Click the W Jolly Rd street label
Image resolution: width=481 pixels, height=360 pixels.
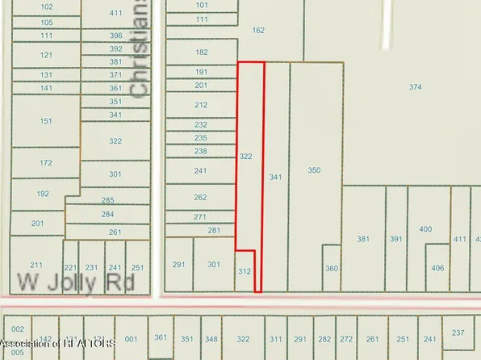click(x=73, y=283)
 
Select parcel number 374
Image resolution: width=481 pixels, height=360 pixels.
click(x=415, y=86)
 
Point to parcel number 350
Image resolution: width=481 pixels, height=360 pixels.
click(x=314, y=170)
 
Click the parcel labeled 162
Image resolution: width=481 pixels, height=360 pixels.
click(x=258, y=31)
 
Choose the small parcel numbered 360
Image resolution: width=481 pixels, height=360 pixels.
click(x=331, y=268)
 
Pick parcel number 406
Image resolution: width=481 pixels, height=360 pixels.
click(x=437, y=268)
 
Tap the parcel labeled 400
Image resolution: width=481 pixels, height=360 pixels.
click(x=425, y=229)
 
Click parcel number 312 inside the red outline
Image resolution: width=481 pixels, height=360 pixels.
click(x=245, y=272)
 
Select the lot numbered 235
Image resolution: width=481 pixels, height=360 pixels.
click(x=201, y=138)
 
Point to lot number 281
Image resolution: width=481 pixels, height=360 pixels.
click(x=214, y=231)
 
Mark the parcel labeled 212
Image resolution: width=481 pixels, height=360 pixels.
click(x=201, y=104)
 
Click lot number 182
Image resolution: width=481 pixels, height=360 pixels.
click(x=201, y=52)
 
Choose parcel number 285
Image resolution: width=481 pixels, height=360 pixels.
click(x=107, y=199)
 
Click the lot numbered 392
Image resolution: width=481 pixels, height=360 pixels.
click(x=115, y=48)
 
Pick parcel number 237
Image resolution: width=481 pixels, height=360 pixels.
click(x=458, y=333)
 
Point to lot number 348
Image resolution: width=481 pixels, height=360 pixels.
click(x=211, y=339)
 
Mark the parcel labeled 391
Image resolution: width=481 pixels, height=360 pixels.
click(x=395, y=239)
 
